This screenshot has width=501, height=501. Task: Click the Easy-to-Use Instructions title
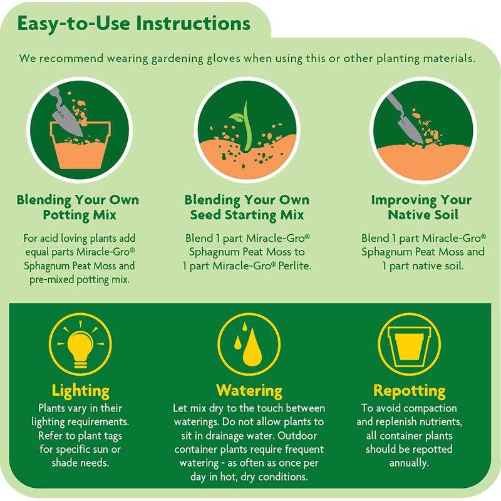[x=134, y=24]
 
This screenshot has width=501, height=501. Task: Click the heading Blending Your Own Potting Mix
[x=78, y=207]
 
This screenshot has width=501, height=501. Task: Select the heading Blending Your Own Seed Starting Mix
[x=247, y=207]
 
